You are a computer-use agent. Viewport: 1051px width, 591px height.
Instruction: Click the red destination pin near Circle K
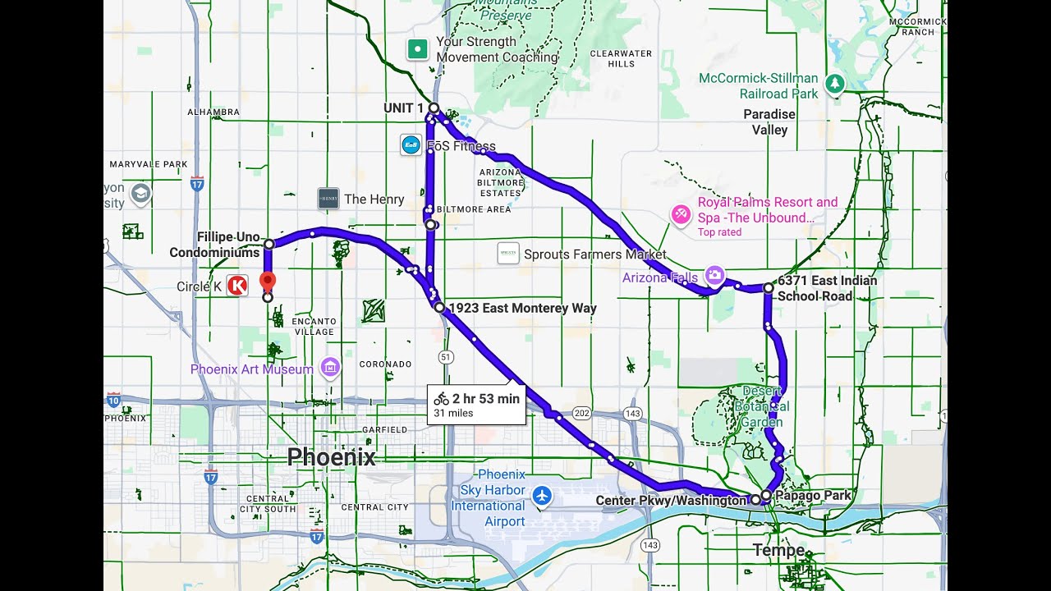(267, 281)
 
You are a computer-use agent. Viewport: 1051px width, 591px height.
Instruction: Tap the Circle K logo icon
(237, 286)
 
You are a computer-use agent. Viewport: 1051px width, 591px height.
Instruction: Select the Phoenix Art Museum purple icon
(330, 369)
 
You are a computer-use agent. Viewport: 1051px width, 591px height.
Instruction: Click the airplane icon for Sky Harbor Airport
(541, 495)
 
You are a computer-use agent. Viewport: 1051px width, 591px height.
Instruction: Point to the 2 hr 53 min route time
(485, 398)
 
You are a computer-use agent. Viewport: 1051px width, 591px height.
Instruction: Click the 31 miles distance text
(453, 413)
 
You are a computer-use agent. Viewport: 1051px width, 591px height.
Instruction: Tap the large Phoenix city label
(331, 457)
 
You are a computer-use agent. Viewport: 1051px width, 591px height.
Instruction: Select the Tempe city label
(779, 549)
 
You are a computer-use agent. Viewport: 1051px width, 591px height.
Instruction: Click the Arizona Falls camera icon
(714, 275)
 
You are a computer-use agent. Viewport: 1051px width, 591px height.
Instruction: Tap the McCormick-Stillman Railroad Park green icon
(834, 83)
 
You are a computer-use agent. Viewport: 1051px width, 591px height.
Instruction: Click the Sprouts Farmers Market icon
(508, 254)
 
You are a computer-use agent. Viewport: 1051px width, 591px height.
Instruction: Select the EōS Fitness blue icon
(411, 145)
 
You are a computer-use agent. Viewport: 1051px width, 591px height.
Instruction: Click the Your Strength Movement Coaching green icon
(418, 49)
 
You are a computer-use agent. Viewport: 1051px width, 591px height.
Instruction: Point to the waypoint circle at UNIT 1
(434, 108)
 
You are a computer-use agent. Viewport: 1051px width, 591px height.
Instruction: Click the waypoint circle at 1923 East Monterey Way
(439, 307)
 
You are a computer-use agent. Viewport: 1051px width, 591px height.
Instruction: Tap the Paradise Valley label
(769, 121)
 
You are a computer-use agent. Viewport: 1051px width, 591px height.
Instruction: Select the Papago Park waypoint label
(813, 495)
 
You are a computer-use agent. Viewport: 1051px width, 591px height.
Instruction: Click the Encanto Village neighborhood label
(314, 326)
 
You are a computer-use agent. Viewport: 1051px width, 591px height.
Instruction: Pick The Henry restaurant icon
(328, 199)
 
